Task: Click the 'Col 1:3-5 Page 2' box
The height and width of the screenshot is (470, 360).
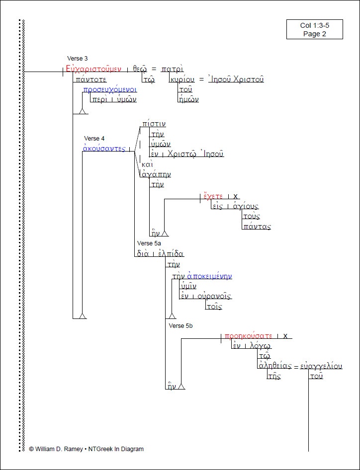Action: point(314,29)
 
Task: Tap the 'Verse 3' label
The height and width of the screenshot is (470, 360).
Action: point(78,59)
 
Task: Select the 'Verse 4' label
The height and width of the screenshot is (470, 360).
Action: point(94,138)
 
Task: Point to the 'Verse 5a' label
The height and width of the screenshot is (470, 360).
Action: point(149,243)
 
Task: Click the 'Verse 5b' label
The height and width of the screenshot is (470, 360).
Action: point(181,325)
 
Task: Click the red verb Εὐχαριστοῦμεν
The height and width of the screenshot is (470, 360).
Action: point(93,70)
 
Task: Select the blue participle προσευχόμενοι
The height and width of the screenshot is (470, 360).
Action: point(110,89)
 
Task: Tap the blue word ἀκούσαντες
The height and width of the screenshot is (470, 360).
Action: point(103,149)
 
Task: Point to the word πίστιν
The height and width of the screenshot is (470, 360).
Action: point(154,124)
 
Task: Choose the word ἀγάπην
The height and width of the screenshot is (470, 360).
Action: point(157,174)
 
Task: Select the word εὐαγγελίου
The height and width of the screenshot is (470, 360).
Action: point(321,366)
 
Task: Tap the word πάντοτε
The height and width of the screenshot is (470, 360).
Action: point(91,79)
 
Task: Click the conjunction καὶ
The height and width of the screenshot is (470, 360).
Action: point(147,164)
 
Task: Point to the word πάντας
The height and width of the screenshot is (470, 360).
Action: point(257,227)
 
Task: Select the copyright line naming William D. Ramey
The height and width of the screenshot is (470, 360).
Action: point(87,449)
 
